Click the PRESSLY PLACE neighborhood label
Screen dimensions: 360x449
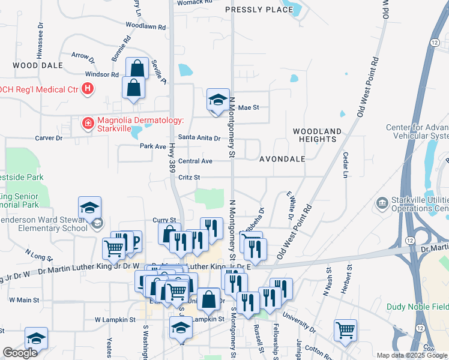(258, 10)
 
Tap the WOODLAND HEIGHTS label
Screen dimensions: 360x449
(317, 135)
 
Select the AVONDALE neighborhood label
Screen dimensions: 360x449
(282, 159)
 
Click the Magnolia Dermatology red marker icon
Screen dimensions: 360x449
(88, 124)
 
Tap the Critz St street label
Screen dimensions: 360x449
(188, 177)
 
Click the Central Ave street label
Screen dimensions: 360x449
(195, 161)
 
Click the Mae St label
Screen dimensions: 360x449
(248, 108)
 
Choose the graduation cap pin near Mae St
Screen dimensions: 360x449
(218, 100)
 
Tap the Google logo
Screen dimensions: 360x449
(20, 353)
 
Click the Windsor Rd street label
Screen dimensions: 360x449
(102, 74)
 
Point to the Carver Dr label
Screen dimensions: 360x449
(49, 138)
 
